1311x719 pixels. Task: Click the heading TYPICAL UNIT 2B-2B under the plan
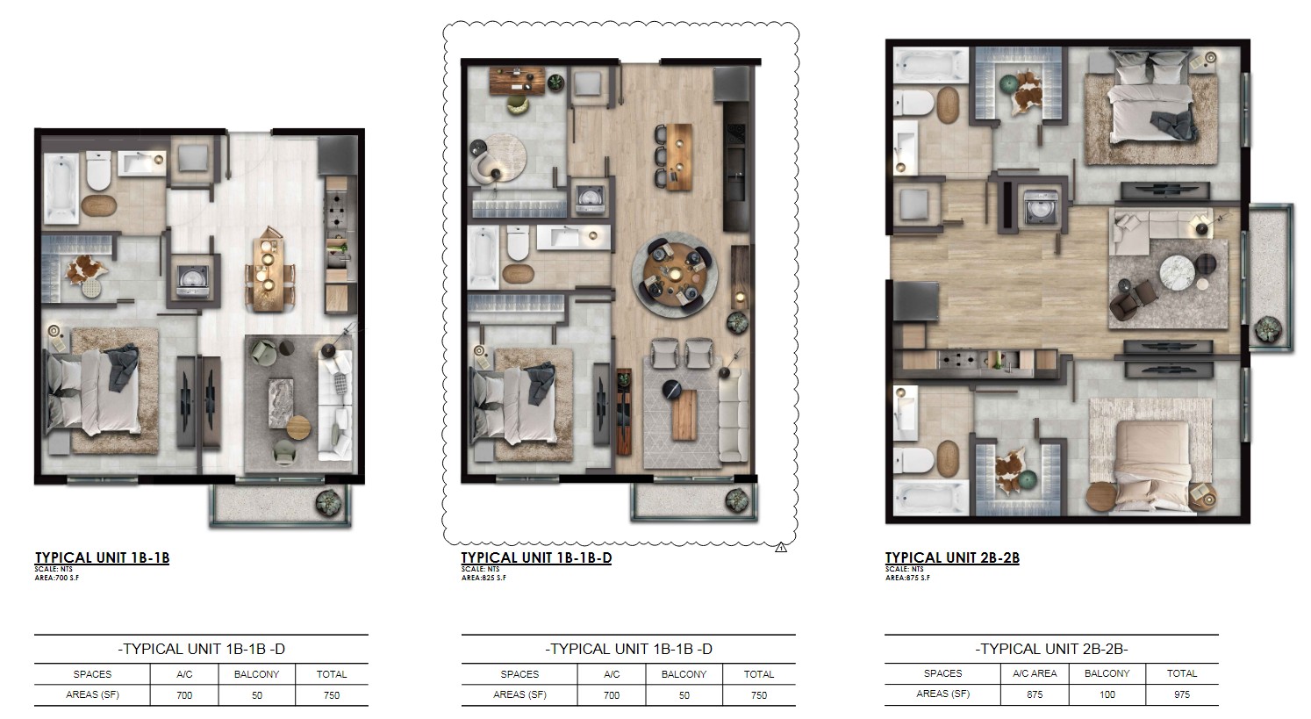pos(951,557)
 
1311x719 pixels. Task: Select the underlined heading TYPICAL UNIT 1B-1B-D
pos(535,557)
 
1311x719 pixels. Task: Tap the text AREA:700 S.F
pos(57,578)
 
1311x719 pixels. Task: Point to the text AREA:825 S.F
pos(484,578)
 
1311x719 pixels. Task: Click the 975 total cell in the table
pos(1181,694)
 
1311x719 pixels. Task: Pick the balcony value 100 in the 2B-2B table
pos(1107,694)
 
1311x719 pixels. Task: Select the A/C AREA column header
pos(1035,673)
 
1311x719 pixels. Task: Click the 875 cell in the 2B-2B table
pos(1035,694)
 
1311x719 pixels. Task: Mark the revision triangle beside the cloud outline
pos(781,548)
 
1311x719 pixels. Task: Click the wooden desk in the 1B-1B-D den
pos(512,82)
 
